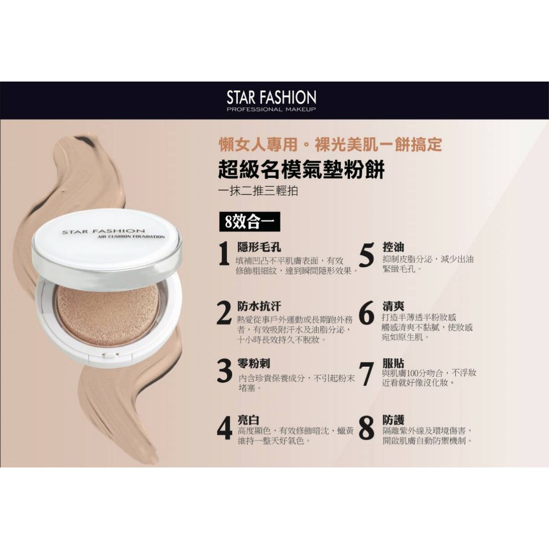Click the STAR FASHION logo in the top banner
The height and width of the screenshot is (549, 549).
pos(271,97)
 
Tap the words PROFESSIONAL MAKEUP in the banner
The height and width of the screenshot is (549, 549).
pos(271,110)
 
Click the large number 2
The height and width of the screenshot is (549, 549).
pos(225,314)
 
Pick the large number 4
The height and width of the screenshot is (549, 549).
pos(225,427)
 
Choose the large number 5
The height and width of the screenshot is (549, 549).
pos(366,255)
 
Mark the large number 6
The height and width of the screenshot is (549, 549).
pos(366,314)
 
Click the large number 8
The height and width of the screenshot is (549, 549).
pos(366,428)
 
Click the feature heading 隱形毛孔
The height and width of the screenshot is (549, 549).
pos(259,247)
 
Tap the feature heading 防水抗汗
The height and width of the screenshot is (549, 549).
pos(259,306)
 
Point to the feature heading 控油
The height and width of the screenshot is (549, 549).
pos(394,247)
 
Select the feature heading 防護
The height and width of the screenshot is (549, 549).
pos(394,420)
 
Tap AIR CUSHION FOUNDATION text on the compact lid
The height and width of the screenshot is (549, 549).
pos(132,236)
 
